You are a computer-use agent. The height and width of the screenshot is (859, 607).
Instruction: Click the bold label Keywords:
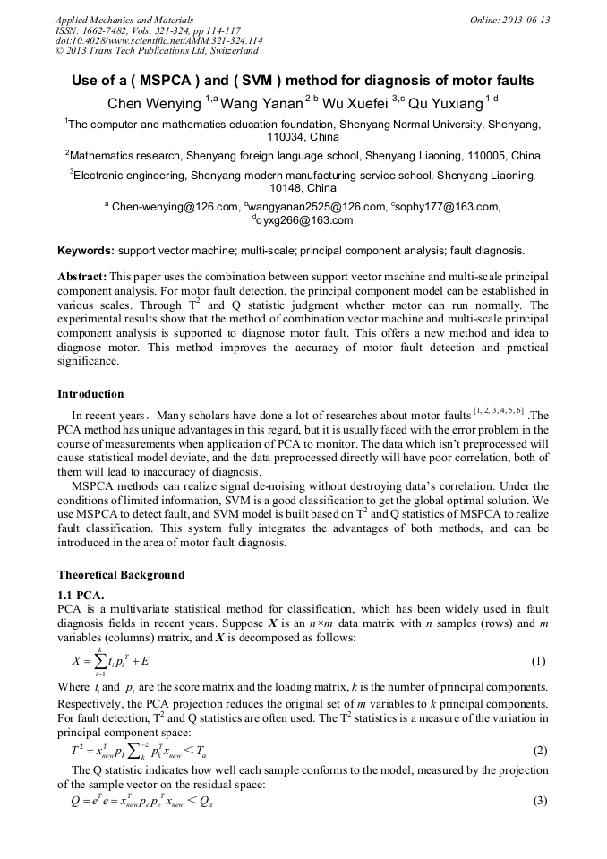[x=86, y=251]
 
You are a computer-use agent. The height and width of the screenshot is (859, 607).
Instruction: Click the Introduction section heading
[x=90, y=393]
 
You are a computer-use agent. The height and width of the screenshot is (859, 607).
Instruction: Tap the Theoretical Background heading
[x=121, y=574]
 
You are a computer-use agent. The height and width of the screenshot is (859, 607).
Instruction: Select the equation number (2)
[x=539, y=750]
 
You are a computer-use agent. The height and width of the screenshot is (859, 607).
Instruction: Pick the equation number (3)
[x=539, y=800]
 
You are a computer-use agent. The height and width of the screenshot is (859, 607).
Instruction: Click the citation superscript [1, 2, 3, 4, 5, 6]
[x=499, y=410]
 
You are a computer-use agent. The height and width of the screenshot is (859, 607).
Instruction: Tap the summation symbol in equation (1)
[x=103, y=661]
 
